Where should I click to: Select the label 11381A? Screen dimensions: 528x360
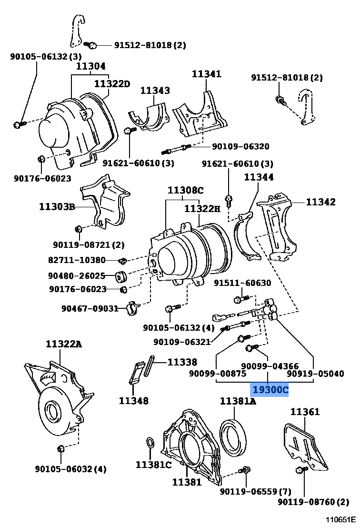(238, 402)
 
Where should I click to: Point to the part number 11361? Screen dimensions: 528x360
(305, 412)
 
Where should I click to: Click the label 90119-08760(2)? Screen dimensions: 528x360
(313, 502)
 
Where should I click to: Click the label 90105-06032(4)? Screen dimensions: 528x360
(70, 469)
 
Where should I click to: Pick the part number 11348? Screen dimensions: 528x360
(133, 401)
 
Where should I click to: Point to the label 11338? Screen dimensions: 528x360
(182, 362)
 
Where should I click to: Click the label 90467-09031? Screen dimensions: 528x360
(90, 309)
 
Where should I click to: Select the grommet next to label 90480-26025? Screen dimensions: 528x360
(121, 276)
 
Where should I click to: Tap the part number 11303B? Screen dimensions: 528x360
(57, 207)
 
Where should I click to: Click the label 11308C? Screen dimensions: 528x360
(185, 191)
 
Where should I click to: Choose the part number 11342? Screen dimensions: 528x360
(320, 202)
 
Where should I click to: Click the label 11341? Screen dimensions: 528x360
(207, 74)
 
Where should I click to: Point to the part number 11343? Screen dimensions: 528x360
(155, 90)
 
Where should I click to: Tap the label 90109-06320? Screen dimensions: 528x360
(240, 146)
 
